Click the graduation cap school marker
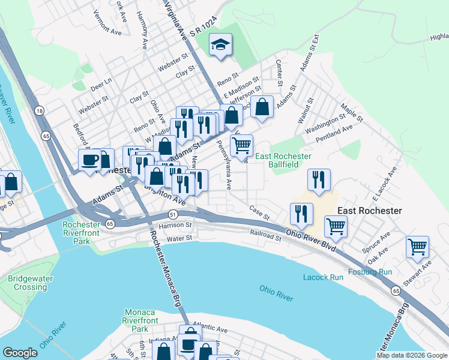tap(220, 45)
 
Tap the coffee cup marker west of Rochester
tap(90, 160)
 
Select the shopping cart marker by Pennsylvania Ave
tap(241, 146)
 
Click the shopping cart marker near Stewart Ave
tap(418, 247)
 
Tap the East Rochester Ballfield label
tap(283, 160)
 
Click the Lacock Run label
tap(323, 277)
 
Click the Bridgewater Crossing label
tap(31, 283)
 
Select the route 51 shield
tap(172, 214)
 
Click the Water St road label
tap(162, 238)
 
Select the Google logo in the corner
tap(20, 353)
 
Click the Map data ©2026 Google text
tap(412, 355)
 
